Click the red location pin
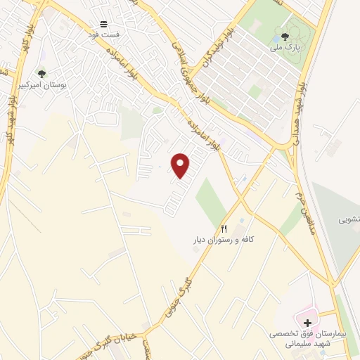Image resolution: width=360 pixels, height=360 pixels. pos(181,165)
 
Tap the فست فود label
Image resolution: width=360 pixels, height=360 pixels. pos(103,34)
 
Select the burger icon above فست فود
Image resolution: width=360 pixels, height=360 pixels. pos(103,24)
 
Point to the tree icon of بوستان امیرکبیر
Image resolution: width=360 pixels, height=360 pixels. pos(41,72)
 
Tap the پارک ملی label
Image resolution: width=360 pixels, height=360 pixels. pos(285,48)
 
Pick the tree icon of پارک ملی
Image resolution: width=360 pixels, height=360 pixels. pos(285,37)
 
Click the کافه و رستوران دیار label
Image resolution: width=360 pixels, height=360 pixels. pos(224,240)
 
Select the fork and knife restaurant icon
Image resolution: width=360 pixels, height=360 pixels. pos(224,229)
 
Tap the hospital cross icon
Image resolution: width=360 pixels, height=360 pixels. pos(308,321)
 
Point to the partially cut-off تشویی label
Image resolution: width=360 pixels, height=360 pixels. pos(350,219)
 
